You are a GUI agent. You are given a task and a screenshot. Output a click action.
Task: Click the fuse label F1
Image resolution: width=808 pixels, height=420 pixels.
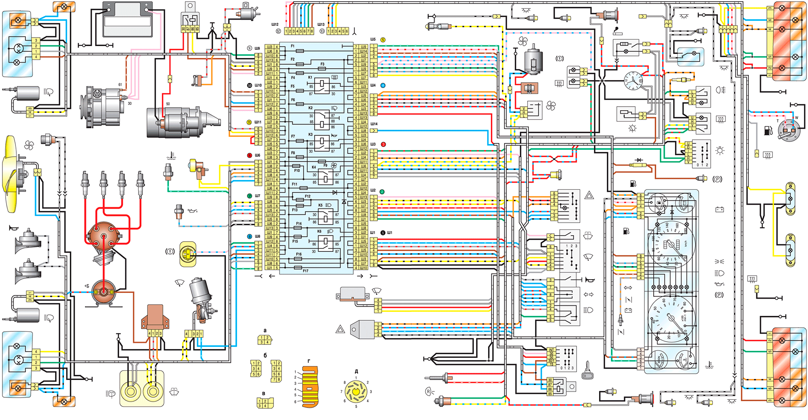coord(293,47)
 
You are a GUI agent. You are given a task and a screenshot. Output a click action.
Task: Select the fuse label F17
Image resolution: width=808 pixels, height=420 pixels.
coord(306,271)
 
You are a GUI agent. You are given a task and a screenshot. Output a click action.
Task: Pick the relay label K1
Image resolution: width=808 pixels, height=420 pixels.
coord(310,77)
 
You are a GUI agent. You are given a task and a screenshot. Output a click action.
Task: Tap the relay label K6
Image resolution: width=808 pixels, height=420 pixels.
coord(320,231)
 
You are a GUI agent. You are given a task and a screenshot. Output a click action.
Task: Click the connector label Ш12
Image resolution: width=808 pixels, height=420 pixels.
coord(275,24)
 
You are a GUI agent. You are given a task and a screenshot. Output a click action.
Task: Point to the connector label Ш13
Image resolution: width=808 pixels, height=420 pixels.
coord(321,24)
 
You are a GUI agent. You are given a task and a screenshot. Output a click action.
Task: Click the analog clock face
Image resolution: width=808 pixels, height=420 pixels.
coord(633,80)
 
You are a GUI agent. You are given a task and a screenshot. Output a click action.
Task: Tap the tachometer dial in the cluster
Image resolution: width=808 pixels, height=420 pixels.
coord(670,319)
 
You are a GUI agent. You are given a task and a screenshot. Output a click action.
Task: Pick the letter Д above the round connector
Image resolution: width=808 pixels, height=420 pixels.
coord(356,372)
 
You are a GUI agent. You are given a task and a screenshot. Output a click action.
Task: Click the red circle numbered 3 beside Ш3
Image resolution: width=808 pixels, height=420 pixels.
coord(383,144)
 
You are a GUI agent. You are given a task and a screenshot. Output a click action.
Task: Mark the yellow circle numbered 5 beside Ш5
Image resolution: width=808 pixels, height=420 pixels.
coord(383,40)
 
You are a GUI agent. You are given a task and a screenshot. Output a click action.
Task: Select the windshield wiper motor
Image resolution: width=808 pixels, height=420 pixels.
coord(201,298)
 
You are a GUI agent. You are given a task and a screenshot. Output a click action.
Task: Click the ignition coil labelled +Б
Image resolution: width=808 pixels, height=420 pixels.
coord(104,291)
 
